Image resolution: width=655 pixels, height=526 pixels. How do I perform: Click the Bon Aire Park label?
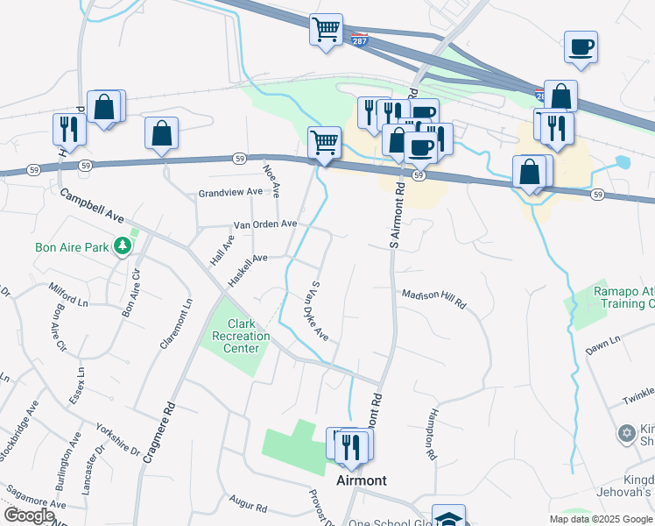[x=72, y=247]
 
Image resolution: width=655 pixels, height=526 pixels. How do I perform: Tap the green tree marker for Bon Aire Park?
[x=125, y=246]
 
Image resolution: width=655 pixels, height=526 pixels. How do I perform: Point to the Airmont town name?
[x=362, y=480]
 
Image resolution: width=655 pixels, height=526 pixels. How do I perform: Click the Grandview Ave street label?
[x=230, y=192]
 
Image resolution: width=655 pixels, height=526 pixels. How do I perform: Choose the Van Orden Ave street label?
[x=264, y=224]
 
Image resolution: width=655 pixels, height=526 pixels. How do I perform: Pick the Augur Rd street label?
[x=248, y=507]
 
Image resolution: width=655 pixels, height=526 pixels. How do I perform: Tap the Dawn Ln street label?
[x=602, y=343]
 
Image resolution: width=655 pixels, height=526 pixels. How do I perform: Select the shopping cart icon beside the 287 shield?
[x=326, y=30]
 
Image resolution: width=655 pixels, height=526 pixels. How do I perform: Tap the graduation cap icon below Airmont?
[x=448, y=517]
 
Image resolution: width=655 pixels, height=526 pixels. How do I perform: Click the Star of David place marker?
[x=626, y=433]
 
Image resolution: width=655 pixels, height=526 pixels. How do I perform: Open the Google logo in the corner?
[x=29, y=515]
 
